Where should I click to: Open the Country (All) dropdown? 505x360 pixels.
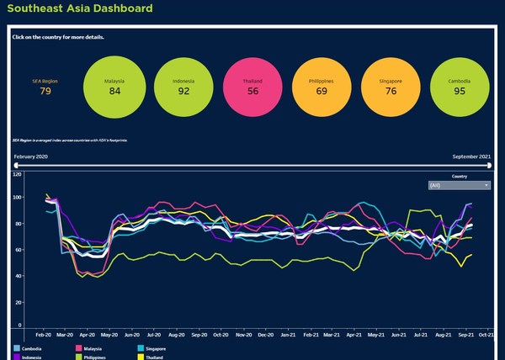(459, 185)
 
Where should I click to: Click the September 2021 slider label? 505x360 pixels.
(472, 157)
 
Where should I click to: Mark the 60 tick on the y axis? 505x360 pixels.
(18, 250)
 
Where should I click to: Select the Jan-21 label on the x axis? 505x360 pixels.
(288, 334)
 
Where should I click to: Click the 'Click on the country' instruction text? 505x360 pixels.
(58, 37)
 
